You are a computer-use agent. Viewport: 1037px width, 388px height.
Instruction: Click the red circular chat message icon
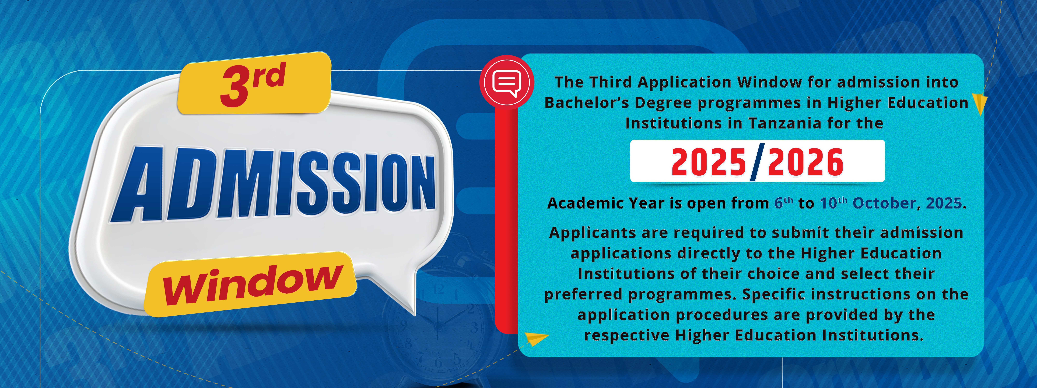[x=507, y=82]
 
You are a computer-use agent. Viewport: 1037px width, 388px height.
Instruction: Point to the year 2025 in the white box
[x=709, y=162]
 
